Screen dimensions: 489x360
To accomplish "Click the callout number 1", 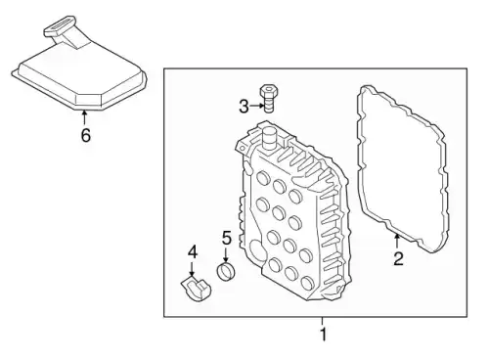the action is tap(323, 335).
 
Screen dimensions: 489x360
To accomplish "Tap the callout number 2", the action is tap(398, 258).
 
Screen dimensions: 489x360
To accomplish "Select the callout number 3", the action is tap(244, 107).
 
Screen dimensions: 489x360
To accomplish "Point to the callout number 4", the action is tap(193, 252).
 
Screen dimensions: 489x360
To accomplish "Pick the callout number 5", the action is tap(227, 238).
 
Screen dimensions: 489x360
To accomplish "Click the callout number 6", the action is tap(85, 135).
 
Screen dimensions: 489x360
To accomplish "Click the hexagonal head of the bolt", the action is tap(269, 90).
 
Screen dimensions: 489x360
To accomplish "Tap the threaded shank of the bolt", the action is tap(268, 104).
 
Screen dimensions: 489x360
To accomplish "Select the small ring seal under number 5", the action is tap(226, 272).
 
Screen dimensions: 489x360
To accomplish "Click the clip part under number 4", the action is tap(196, 289).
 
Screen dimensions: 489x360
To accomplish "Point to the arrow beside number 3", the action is tap(257, 106).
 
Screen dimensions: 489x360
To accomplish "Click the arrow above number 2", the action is tap(397, 242).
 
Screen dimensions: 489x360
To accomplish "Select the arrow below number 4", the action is tap(192, 269).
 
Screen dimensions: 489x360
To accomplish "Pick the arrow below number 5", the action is tap(226, 254).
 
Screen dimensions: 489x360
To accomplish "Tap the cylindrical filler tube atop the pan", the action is tap(269, 139).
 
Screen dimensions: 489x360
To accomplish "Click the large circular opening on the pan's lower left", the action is tap(257, 249).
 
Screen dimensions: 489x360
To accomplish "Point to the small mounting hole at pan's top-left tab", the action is tap(242, 149).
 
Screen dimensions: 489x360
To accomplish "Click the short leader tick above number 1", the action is tap(323, 321).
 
